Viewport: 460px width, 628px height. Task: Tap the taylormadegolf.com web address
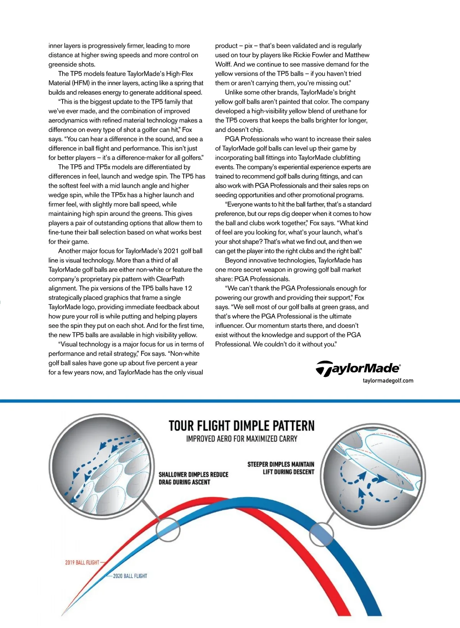[388, 381]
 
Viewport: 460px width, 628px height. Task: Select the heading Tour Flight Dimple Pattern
[242, 426]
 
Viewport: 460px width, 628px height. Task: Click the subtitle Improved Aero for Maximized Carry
[242, 439]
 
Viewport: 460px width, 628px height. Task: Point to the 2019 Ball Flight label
[82, 562]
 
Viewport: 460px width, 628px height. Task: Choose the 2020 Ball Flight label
[130, 576]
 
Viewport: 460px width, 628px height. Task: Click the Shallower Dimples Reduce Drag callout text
[193, 478]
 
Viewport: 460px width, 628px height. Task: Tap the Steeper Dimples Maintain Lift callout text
[281, 468]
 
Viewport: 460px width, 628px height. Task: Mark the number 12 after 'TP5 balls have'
[188, 288]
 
